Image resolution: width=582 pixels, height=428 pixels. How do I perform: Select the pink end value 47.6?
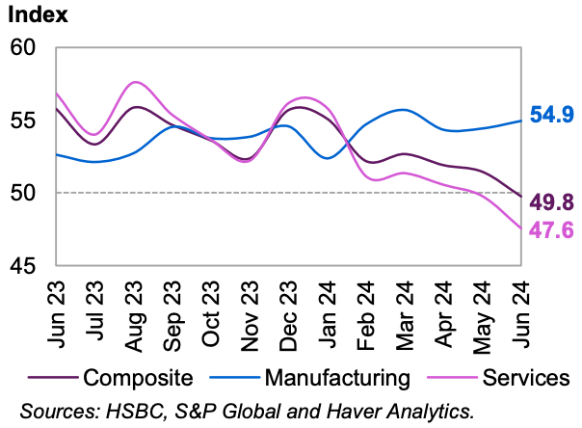[553, 229]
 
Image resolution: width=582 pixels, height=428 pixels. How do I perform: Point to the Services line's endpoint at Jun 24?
[521, 228]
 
